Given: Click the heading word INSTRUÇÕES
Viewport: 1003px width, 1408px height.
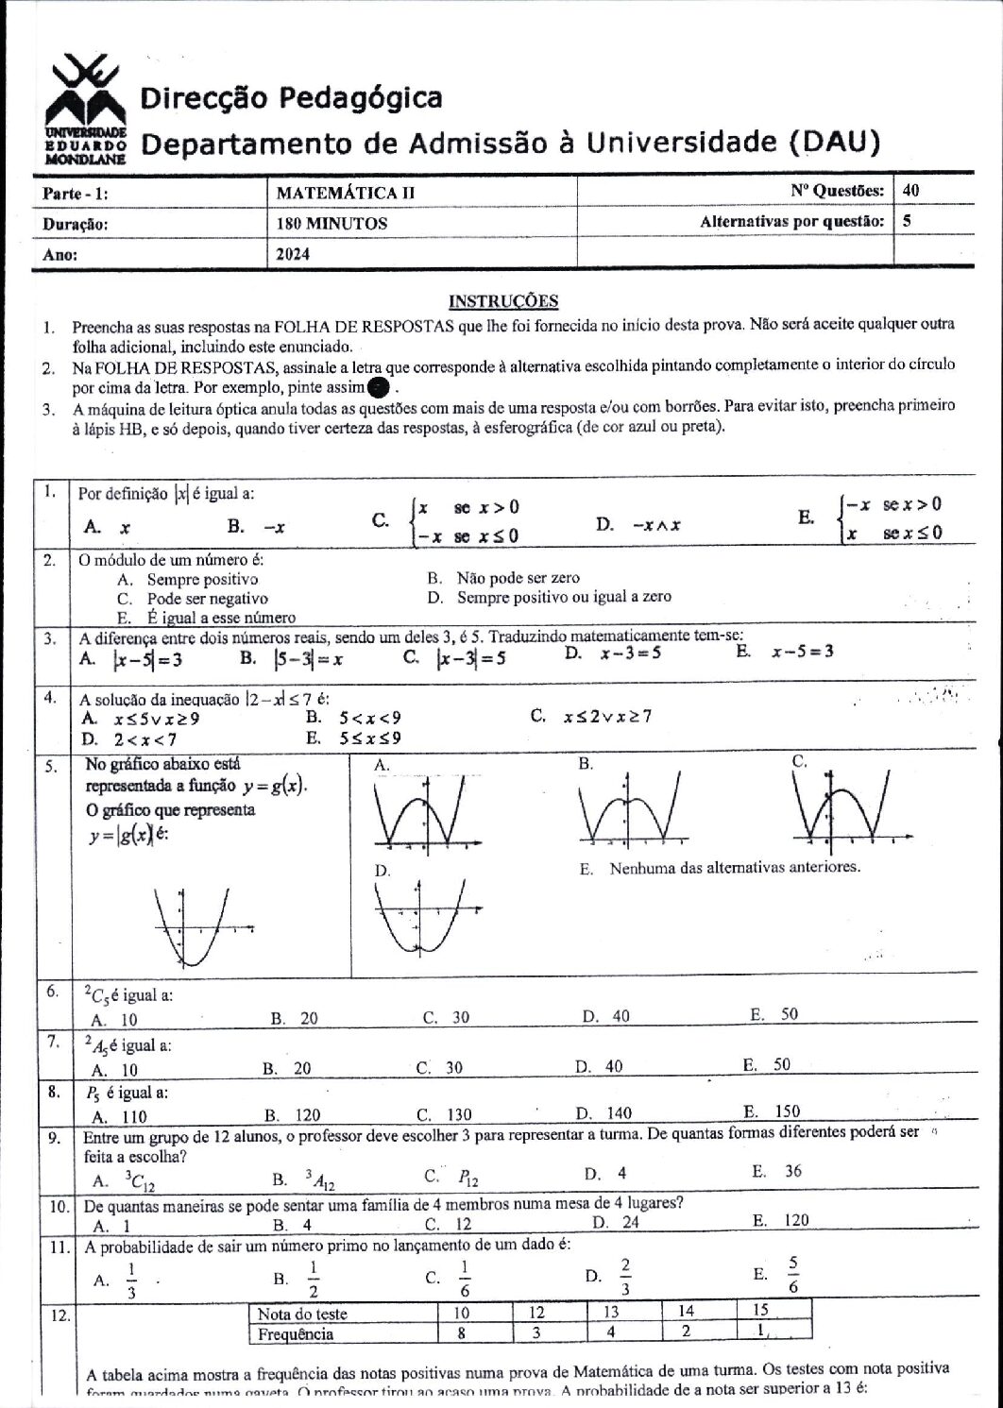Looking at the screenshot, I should pyautogui.click(x=502, y=301).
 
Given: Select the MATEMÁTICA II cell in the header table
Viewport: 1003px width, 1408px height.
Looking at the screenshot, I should pyautogui.click(x=345, y=192).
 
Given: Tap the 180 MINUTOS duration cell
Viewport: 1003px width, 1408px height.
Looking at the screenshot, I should pyautogui.click(x=331, y=224).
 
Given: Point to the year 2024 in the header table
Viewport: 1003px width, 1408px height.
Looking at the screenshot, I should pyautogui.click(x=293, y=254).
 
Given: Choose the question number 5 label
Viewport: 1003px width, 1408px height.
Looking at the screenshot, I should pyautogui.click(x=51, y=766).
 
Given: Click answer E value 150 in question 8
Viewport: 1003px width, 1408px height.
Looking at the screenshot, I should pyautogui.click(x=786, y=1111).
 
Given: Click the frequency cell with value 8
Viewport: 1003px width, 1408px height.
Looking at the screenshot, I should pyautogui.click(x=461, y=1332).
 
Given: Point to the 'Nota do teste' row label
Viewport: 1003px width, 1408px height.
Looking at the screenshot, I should pyautogui.click(x=302, y=1313).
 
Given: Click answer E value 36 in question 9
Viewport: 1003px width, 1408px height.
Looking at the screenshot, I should pyautogui.click(x=792, y=1171).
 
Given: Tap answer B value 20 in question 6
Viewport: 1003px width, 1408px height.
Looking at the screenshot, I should pyautogui.click(x=309, y=1018).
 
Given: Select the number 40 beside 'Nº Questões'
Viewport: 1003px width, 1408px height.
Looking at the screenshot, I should pyautogui.click(x=911, y=190).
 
